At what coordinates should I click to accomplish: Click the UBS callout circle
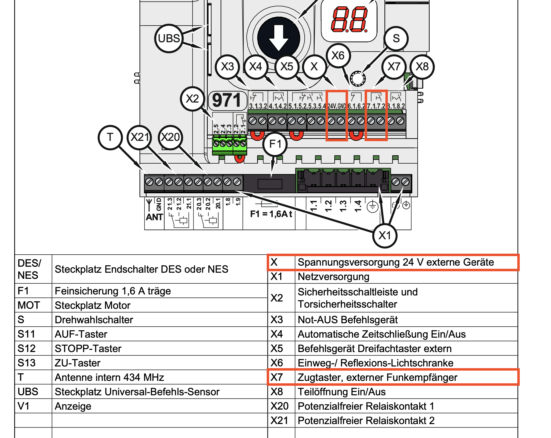click(x=169, y=39)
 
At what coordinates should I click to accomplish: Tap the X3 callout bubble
click(x=227, y=67)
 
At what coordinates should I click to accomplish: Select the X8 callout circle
click(x=422, y=67)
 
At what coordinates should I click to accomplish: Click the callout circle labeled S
click(x=396, y=39)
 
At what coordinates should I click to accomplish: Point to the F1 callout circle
click(x=275, y=144)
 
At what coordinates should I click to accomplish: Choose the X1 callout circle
click(x=385, y=236)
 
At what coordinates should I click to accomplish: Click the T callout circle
click(x=110, y=137)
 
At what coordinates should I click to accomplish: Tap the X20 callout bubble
click(x=170, y=137)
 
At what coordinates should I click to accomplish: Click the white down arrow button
click(x=279, y=38)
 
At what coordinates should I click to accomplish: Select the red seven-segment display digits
click(x=349, y=20)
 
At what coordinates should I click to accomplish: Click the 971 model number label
click(x=226, y=100)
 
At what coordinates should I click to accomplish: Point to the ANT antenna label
click(x=154, y=217)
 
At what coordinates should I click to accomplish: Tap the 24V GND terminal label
click(x=337, y=106)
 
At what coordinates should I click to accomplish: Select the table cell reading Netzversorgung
click(x=334, y=277)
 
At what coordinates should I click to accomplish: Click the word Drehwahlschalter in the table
click(x=94, y=320)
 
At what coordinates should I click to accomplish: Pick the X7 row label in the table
click(x=277, y=377)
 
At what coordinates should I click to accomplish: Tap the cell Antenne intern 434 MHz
click(x=109, y=377)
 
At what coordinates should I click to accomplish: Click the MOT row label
click(x=29, y=305)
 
